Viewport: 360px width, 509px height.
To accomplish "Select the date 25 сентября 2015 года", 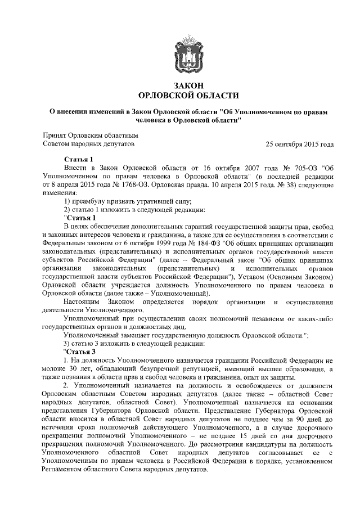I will [301, 145].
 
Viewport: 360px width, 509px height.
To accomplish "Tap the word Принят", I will [55, 136].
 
